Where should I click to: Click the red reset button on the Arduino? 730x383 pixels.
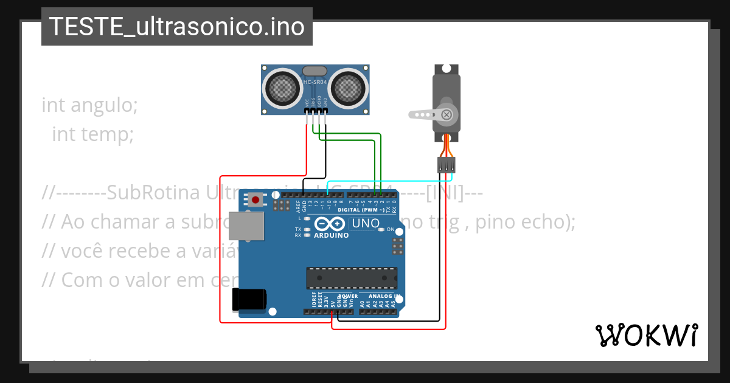[x=255, y=199]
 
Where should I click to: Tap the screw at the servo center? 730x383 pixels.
[x=448, y=114]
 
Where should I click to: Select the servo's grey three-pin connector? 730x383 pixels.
[x=446, y=164]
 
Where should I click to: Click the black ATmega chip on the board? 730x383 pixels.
[x=352, y=278]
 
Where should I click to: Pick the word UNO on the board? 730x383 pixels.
[x=366, y=224]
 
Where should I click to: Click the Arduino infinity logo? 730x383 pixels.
[x=332, y=224]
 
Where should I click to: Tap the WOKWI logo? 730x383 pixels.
[x=646, y=335]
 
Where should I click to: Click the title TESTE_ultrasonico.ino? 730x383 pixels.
[x=176, y=27]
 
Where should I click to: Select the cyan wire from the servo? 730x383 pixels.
[x=389, y=181]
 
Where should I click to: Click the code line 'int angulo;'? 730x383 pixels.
[x=90, y=105]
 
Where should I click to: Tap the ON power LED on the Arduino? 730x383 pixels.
[x=382, y=230]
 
